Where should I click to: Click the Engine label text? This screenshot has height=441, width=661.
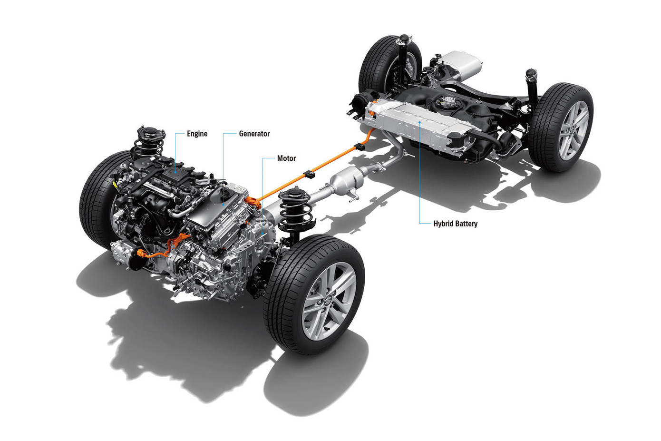(x=197, y=134)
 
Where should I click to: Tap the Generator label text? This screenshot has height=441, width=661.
(x=254, y=134)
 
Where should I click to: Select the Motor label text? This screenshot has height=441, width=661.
(x=286, y=158)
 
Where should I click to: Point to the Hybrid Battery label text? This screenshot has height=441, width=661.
(x=455, y=224)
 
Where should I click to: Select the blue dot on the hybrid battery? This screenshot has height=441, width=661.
(x=420, y=122)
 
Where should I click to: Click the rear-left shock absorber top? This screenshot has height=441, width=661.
(x=404, y=38)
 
